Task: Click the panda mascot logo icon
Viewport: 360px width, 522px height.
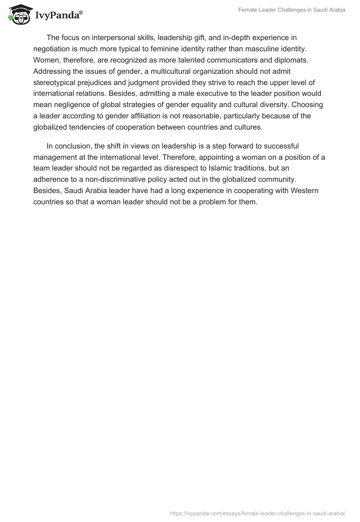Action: pos(18,14)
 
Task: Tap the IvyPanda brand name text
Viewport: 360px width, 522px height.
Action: pos(58,15)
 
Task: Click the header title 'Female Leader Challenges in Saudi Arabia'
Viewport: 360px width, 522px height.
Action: pos(292,10)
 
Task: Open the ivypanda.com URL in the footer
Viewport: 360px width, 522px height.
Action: pos(257,513)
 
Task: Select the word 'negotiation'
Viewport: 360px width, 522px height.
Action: pos(52,49)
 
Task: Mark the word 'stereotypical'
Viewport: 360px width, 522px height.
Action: pos(55,82)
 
